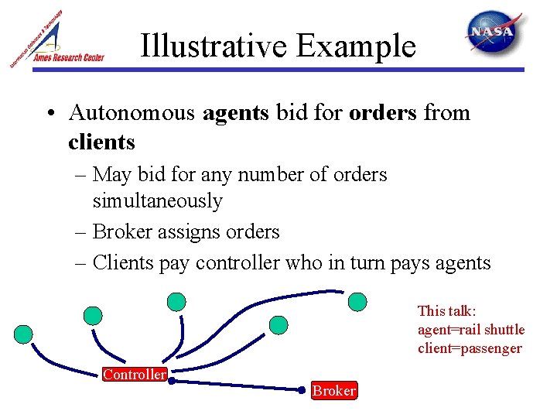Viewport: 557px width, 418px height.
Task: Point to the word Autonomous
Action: tap(132, 113)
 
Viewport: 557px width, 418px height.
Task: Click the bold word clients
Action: tap(101, 142)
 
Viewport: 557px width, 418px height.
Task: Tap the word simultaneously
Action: tap(157, 201)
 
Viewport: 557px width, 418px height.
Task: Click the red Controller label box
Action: tap(135, 375)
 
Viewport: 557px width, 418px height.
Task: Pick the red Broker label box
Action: tap(333, 391)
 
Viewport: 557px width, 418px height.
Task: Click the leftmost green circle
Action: tap(24, 334)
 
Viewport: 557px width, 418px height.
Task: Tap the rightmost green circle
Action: tap(357, 301)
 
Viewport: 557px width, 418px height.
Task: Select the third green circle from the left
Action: tap(177, 300)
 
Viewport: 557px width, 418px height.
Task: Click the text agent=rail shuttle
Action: tap(470, 330)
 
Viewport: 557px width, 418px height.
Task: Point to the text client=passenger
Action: tap(469, 348)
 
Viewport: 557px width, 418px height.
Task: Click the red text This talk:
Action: tap(446, 311)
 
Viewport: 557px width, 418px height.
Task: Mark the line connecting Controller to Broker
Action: tap(240, 384)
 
